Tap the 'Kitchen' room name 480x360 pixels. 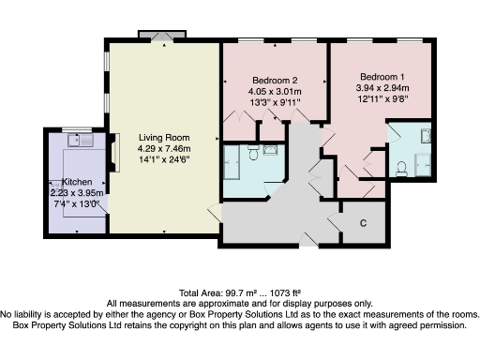coord(75,181)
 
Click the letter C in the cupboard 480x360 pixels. coord(363,222)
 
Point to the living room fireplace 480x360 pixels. coord(115,151)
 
